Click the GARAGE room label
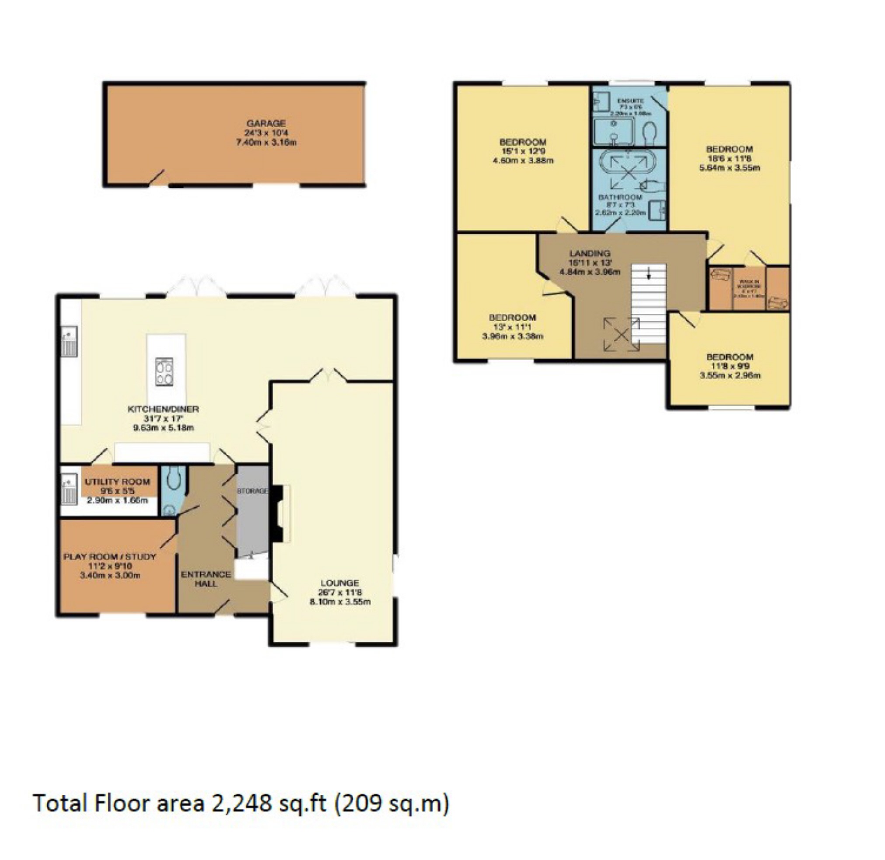(x=266, y=123)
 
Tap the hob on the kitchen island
(x=164, y=372)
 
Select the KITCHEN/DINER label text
(x=163, y=409)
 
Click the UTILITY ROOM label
(x=117, y=482)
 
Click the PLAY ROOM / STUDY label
(x=109, y=557)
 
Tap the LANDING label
(x=590, y=253)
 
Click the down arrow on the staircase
(x=649, y=273)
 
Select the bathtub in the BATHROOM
(x=622, y=172)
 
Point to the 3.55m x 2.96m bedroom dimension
(x=729, y=375)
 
